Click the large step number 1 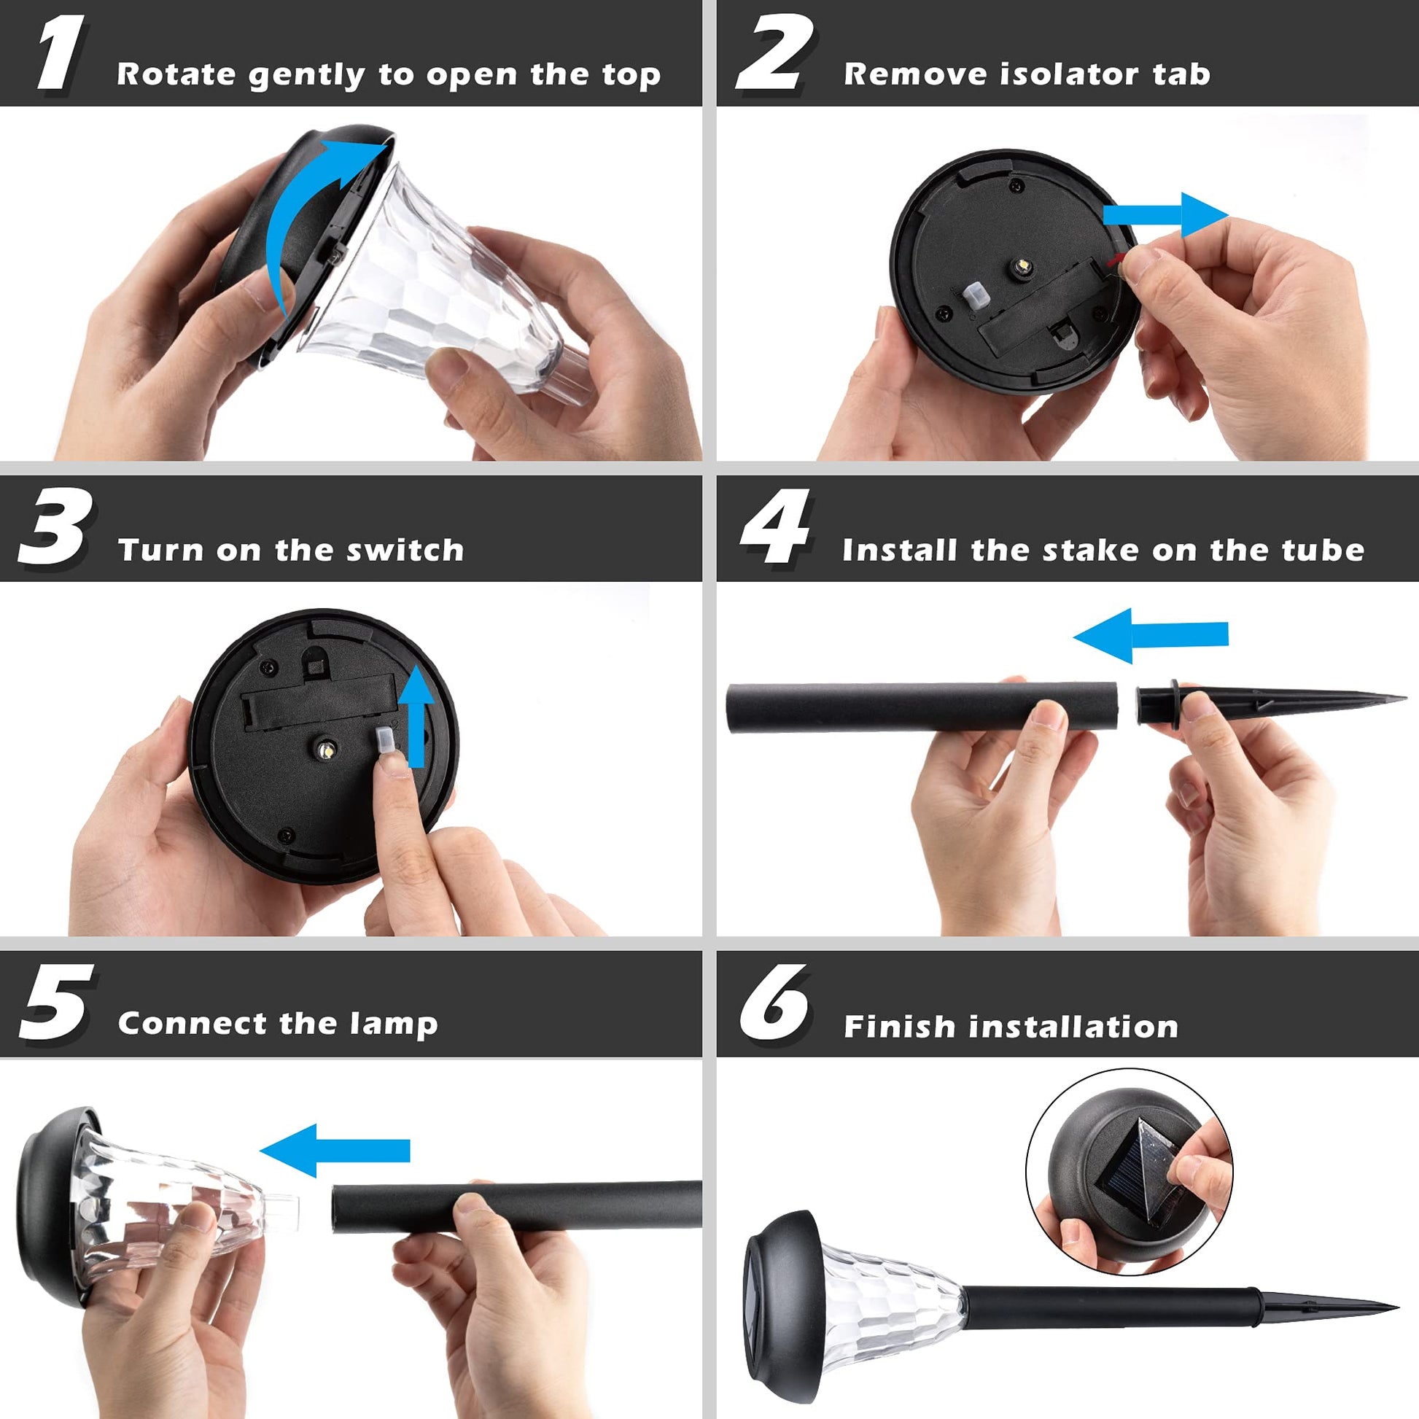click(x=61, y=54)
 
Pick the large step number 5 click(x=56, y=1002)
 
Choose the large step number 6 click(x=774, y=1002)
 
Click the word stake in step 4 click(x=1092, y=549)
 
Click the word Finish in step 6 click(x=900, y=1026)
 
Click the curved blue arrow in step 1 click(x=294, y=213)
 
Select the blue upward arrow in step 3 click(x=417, y=716)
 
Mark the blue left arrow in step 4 click(x=1150, y=635)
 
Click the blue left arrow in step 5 click(x=335, y=1150)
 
